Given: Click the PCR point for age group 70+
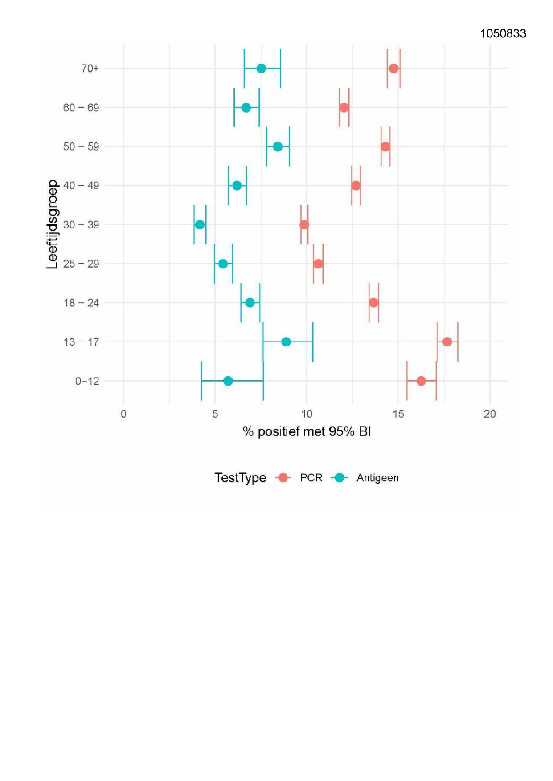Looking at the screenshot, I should tap(393, 69).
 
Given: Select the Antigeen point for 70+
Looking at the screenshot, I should tap(262, 69).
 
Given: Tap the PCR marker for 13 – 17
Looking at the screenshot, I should tap(447, 342).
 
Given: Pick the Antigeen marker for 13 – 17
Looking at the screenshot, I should tap(286, 342).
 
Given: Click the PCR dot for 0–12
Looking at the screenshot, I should tap(421, 381).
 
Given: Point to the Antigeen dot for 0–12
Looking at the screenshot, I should tap(228, 381).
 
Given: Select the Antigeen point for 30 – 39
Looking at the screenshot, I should tap(200, 225).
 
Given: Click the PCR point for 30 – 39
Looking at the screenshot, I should tap(304, 225).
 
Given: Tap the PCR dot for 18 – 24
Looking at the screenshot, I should tap(374, 303).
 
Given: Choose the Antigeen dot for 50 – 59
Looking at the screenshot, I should tap(278, 147).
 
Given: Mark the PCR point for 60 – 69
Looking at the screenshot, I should tap(344, 108).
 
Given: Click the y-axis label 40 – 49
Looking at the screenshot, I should tap(81, 186).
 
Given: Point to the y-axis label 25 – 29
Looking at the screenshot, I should tap(81, 264).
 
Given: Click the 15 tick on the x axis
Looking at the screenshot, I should tap(398, 414).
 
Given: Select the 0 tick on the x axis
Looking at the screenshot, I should tap(124, 414).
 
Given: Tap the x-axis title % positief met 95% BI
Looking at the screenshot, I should tap(307, 431).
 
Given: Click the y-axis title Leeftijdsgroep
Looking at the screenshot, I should tap(52, 224).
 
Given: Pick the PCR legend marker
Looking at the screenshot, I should tap(283, 478).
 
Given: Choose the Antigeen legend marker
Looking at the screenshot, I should tap(340, 478).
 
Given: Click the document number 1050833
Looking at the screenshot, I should tap(503, 34).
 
